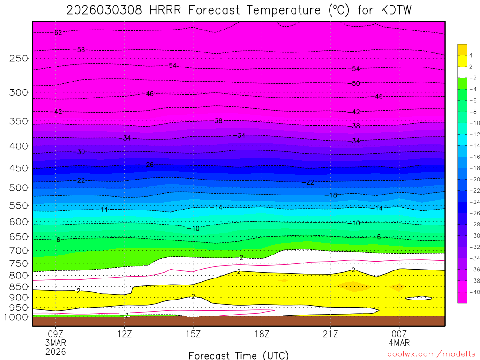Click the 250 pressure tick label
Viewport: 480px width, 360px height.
pyautogui.click(x=18, y=58)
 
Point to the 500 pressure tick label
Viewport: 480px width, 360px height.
pyautogui.click(x=18, y=187)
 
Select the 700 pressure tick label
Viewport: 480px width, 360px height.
pyautogui.click(x=18, y=250)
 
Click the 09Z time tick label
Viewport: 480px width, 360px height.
pyautogui.click(x=56, y=334)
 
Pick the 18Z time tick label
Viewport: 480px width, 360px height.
pyautogui.click(x=262, y=334)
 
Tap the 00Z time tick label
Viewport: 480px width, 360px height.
pyautogui.click(x=399, y=334)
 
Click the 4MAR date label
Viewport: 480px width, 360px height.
pyautogui.click(x=399, y=343)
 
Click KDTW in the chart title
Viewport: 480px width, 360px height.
pyautogui.click(x=392, y=10)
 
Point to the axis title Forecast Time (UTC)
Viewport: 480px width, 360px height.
pyautogui.click(x=239, y=355)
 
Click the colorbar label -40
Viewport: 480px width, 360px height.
pyautogui.click(x=471, y=292)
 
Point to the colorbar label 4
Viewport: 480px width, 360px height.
pyautogui.click(x=471, y=55)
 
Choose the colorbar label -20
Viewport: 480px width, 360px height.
pyautogui.click(x=471, y=179)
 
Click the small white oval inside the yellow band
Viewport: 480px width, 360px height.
pyautogui.click(x=419, y=298)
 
